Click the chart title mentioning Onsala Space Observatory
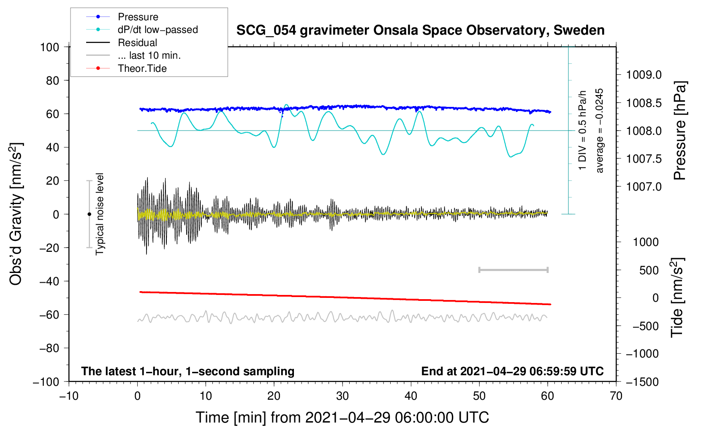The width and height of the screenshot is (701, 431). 420,30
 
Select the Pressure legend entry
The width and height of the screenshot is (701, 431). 138,17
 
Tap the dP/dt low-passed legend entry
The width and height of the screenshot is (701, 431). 158,30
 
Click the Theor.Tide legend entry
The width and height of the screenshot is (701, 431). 142,68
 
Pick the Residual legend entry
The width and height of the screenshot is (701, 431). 137,43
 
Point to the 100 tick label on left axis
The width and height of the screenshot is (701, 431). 49,47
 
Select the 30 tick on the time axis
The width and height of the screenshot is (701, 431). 342,396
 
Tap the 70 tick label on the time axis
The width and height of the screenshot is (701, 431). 616,396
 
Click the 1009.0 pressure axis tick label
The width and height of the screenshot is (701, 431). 644,75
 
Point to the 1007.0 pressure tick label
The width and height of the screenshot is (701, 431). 644,187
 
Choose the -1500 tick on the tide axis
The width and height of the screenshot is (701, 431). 642,382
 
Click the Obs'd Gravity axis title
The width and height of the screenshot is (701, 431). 16,214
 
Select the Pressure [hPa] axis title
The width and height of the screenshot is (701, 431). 680,131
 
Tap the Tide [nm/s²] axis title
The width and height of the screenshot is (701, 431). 677,297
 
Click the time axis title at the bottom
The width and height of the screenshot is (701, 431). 342,417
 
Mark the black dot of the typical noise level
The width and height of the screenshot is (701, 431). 89,214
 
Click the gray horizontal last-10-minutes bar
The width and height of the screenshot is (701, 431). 513,270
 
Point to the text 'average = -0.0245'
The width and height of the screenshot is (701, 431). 600,131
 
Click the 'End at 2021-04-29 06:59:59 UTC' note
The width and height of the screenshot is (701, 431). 512,371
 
